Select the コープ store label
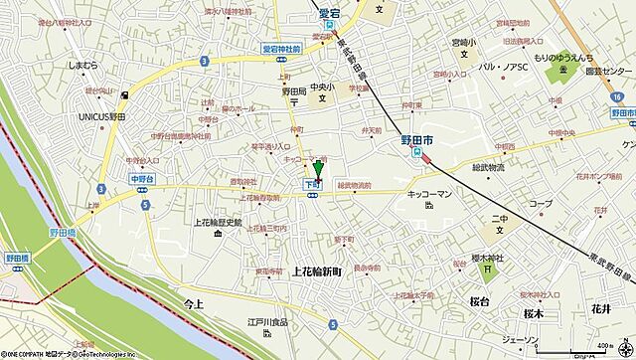[540, 204]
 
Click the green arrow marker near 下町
[318, 168]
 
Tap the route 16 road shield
[617, 95]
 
